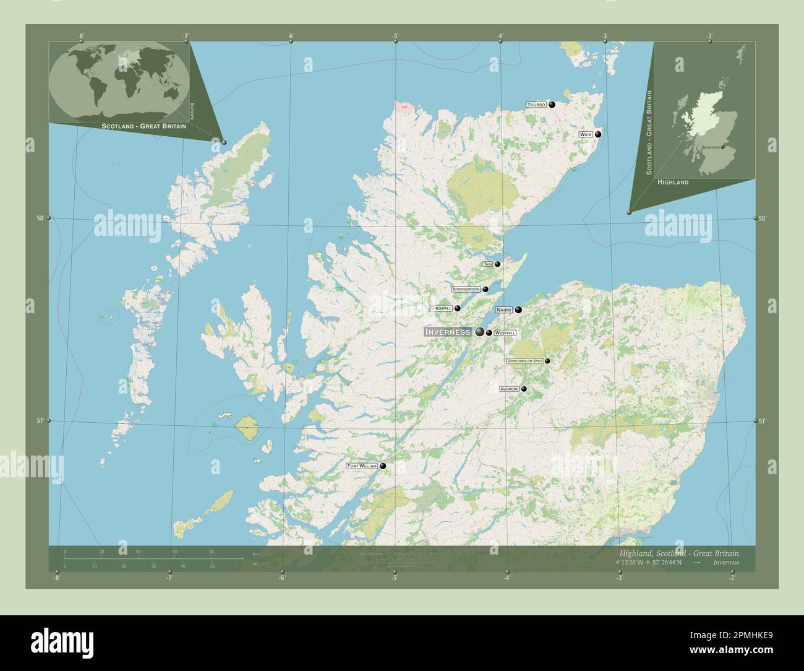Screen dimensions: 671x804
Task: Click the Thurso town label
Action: click(x=536, y=105)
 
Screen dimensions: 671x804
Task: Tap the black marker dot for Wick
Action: click(x=598, y=134)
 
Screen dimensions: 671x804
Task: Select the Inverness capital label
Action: click(x=448, y=332)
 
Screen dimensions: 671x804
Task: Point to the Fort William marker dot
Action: click(x=383, y=466)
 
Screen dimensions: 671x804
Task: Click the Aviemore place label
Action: click(x=510, y=389)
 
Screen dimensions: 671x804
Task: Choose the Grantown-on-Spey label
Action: click(x=524, y=361)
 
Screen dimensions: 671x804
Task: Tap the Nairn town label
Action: click(x=503, y=310)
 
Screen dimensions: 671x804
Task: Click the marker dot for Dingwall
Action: click(x=458, y=308)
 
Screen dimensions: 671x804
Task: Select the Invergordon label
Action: click(x=466, y=289)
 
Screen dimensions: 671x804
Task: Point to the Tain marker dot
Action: click(x=497, y=264)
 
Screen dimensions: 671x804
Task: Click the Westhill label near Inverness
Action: click(x=505, y=333)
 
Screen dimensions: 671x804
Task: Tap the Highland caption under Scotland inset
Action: click(x=673, y=183)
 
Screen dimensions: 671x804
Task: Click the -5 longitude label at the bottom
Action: click(x=393, y=578)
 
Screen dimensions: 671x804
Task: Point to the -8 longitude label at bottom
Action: click(x=56, y=578)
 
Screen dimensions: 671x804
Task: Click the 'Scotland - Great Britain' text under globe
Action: click(x=139, y=126)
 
